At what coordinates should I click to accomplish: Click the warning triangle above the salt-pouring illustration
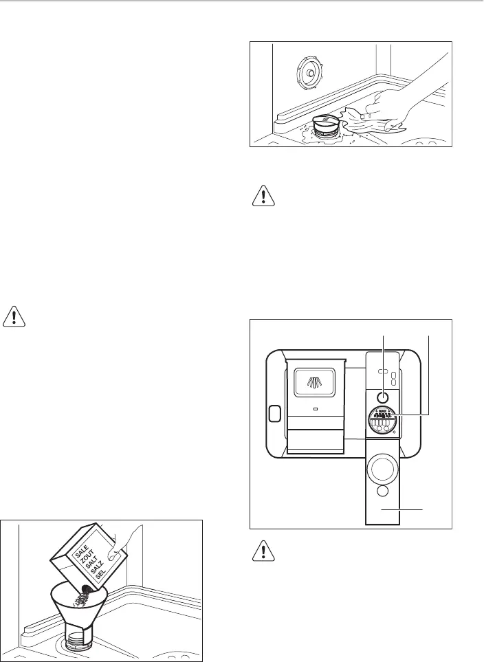pyautogui.click(x=14, y=317)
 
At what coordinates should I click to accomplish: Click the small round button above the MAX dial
pyautogui.click(x=383, y=397)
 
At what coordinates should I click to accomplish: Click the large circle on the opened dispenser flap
pyautogui.click(x=383, y=469)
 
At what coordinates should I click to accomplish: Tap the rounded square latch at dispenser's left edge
pyautogui.click(x=274, y=414)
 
